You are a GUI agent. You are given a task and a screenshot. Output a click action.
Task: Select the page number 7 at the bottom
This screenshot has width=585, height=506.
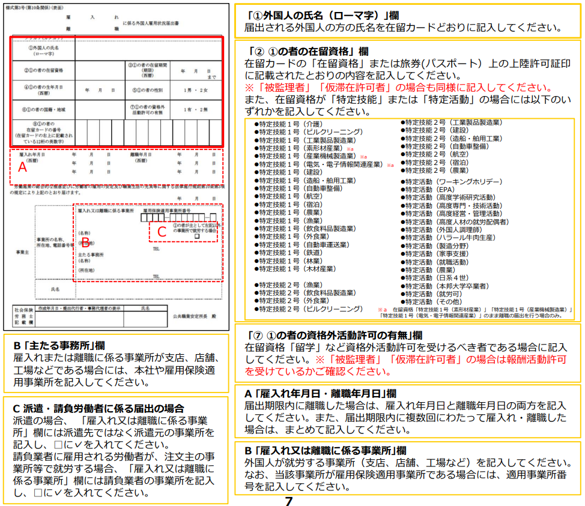point(289,501)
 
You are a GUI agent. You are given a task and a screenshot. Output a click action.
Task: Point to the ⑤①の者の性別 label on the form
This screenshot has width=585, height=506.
point(147,89)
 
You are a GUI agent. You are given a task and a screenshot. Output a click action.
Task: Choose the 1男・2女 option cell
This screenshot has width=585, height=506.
point(196,89)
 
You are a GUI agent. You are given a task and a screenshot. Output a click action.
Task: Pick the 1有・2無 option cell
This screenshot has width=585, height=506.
point(196,109)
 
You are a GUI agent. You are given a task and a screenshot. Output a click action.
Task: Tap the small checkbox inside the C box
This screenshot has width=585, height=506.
point(196,236)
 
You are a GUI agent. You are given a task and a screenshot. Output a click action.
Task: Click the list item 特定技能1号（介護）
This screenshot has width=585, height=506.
point(290,124)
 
